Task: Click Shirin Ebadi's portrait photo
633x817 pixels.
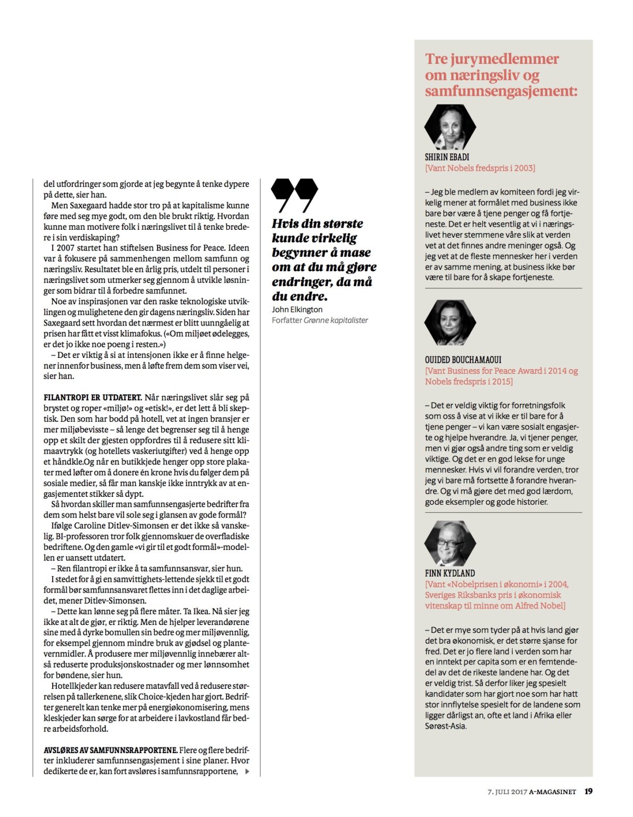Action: point(449,127)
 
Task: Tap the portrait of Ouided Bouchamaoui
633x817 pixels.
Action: point(449,322)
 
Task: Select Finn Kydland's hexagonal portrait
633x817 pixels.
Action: point(449,543)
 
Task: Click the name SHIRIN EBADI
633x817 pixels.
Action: point(447,157)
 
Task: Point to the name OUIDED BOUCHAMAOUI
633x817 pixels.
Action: point(463,360)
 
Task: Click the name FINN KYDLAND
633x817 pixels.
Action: point(449,573)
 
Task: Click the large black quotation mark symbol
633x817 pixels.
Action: point(294,195)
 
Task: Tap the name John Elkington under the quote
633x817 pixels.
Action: point(297,309)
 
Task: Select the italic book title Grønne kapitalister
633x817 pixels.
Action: point(336,320)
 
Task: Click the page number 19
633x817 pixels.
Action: point(588,791)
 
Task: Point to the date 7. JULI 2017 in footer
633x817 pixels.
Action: point(507,791)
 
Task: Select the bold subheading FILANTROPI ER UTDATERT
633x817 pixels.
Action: point(93,397)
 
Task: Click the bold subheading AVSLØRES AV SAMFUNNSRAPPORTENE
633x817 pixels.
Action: point(110,750)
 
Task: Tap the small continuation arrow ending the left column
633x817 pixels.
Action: point(247,771)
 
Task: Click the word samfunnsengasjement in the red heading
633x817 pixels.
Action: point(501,91)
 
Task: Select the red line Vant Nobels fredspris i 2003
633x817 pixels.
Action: point(480,168)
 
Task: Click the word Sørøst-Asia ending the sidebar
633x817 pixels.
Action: point(446,726)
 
